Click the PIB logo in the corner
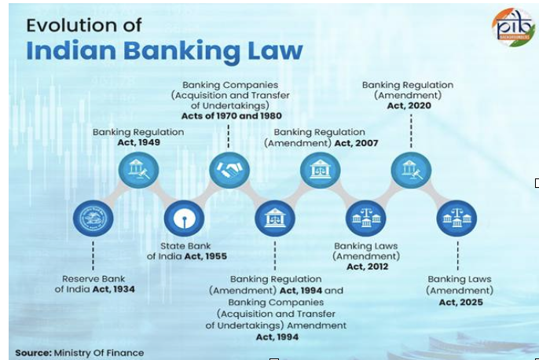click(512, 28)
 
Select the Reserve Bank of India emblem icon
click(93, 219)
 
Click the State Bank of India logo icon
click(184, 219)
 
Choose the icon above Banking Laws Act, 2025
click(456, 219)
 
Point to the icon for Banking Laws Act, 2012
click(366, 219)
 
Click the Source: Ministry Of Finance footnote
click(79, 352)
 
